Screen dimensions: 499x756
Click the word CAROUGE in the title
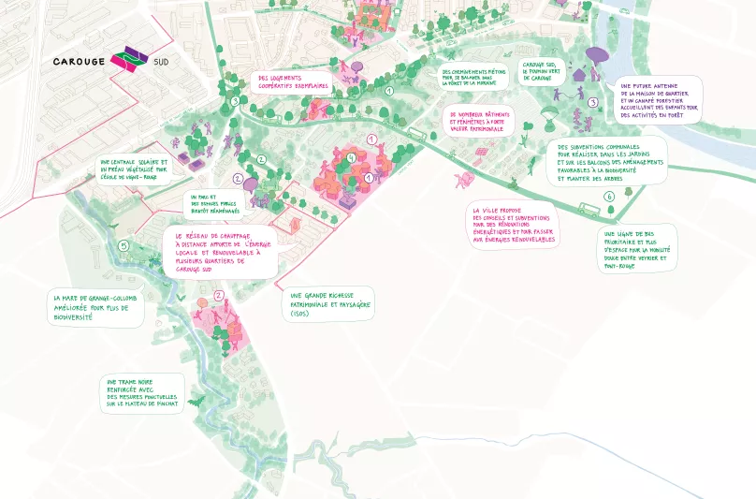click(79, 62)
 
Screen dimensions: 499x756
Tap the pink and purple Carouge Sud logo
click(128, 60)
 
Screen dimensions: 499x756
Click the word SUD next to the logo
click(161, 64)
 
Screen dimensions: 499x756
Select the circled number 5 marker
click(124, 245)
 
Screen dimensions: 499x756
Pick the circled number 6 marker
click(609, 197)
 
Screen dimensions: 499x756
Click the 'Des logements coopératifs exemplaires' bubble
click(292, 82)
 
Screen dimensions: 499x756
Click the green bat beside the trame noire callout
click(196, 402)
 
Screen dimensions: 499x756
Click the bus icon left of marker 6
click(588, 209)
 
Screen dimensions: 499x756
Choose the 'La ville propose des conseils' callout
click(515, 226)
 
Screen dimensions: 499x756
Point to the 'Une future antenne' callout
click(660, 100)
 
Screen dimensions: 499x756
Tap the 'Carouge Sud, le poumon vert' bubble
click(542, 73)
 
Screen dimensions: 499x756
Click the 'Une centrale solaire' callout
click(134, 169)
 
